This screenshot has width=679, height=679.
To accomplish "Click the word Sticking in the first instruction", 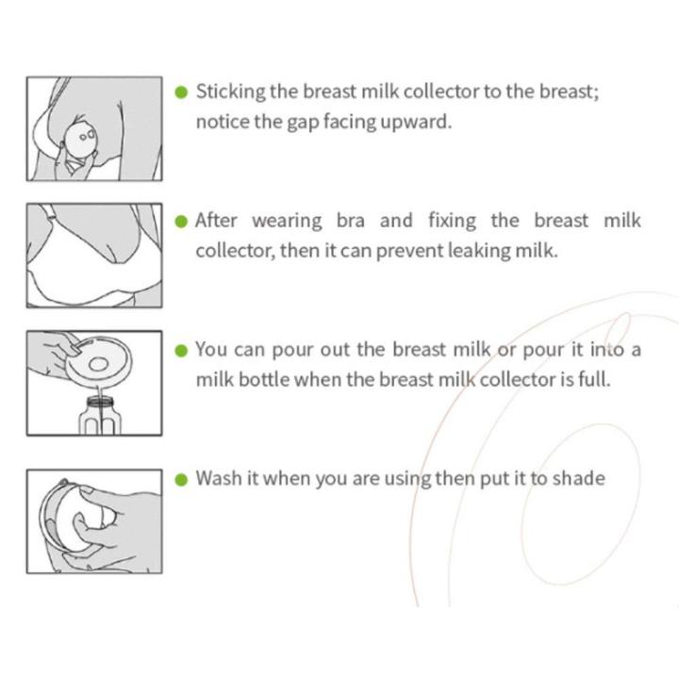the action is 230,92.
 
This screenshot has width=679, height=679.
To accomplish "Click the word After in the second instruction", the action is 216,221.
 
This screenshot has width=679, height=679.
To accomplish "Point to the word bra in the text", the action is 350,221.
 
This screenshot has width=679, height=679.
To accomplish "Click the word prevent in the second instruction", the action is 408,252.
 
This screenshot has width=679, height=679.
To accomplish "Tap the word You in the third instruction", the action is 211,350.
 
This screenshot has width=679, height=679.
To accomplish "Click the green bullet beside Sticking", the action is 181,92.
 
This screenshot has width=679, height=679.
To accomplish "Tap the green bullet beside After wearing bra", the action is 181,222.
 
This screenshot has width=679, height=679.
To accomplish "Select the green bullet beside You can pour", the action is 181,351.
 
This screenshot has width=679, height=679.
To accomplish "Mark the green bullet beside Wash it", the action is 181,480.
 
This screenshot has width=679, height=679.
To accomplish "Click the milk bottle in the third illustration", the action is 100,416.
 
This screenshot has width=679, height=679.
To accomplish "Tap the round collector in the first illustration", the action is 80,139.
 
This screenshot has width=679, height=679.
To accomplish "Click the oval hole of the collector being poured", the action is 99,364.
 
